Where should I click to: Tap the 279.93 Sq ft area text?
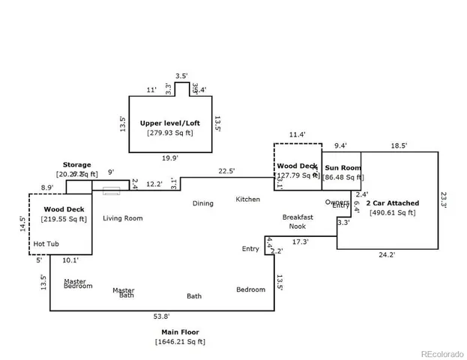tap(170, 133)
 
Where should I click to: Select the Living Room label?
tap(123, 218)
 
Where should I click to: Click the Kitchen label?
tap(248, 199)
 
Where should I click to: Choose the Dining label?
tap(202, 203)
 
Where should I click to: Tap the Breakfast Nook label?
tap(298, 221)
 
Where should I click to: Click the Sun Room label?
tap(343, 168)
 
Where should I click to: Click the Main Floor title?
tap(180, 331)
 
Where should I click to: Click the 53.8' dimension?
tap(161, 316)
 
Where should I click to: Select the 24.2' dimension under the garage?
tap(387, 255)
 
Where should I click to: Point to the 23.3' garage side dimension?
tap(444, 200)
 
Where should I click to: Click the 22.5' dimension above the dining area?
tap(226, 171)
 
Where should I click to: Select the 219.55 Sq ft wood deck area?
tap(63, 220)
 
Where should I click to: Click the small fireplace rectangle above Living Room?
tap(111, 191)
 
